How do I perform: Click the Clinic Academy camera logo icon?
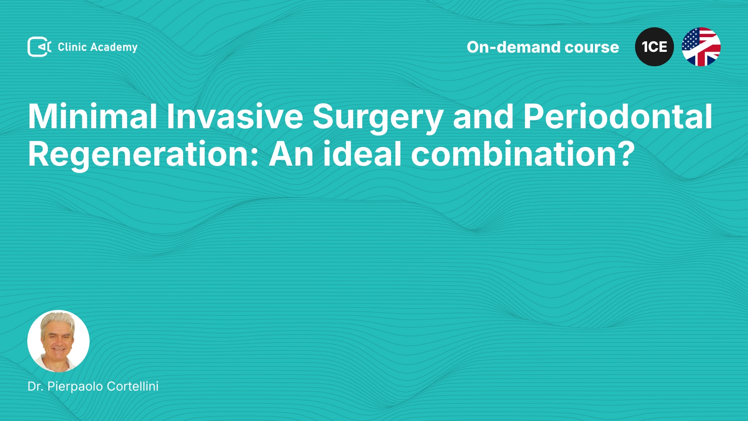click(39, 47)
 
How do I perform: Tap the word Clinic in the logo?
click(72, 47)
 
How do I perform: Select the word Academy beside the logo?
click(114, 48)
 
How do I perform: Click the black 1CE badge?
click(654, 47)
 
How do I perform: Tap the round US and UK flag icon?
click(701, 47)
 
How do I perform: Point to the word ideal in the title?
click(362, 154)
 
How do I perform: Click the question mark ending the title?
click(626, 154)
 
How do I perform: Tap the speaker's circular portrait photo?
click(58, 341)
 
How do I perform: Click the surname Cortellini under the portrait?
click(132, 386)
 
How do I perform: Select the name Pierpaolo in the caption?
click(75, 387)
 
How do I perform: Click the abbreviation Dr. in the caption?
click(35, 386)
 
